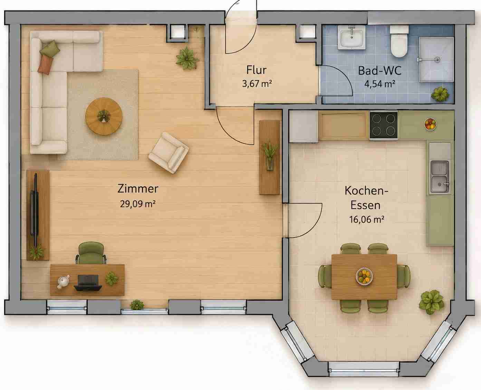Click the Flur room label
tap(256, 70)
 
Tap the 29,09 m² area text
tap(137, 204)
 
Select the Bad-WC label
tap(380, 70)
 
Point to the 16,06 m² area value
tap(367, 219)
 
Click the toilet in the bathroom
tap(399, 41)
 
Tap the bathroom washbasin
tap(352, 38)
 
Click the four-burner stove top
tap(383, 125)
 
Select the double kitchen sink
tap(440, 177)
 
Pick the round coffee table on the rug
tap(104, 116)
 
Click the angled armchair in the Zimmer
tap(169, 153)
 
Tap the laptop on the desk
tap(88, 283)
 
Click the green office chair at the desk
tap(91, 253)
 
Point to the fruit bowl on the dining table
tap(364, 276)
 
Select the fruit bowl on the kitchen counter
tap(430, 124)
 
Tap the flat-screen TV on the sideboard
tap(35, 210)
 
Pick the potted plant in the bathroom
tap(440, 94)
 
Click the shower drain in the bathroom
tap(437, 59)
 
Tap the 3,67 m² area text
tap(257, 84)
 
